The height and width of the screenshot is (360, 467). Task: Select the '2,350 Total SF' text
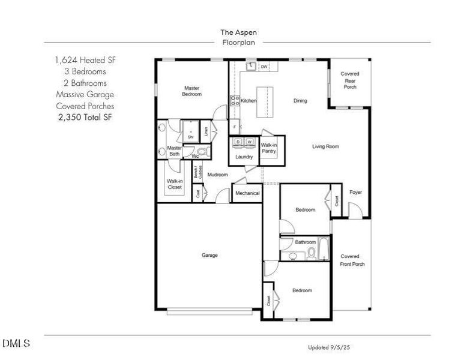84,117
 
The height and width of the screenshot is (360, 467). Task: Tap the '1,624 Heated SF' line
84,61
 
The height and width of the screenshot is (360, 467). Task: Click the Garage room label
209,255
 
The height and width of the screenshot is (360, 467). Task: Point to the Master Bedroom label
192,91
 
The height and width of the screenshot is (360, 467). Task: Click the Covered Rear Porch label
350,80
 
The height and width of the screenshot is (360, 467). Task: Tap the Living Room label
326,146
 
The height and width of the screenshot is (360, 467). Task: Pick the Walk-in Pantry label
268,148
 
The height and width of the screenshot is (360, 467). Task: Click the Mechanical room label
247,193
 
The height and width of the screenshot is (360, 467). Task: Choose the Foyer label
356,192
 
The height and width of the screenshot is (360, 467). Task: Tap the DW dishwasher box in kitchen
264,67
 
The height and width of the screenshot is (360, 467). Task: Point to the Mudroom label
217,175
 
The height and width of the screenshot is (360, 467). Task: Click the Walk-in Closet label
175,184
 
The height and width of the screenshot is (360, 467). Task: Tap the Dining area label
300,101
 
